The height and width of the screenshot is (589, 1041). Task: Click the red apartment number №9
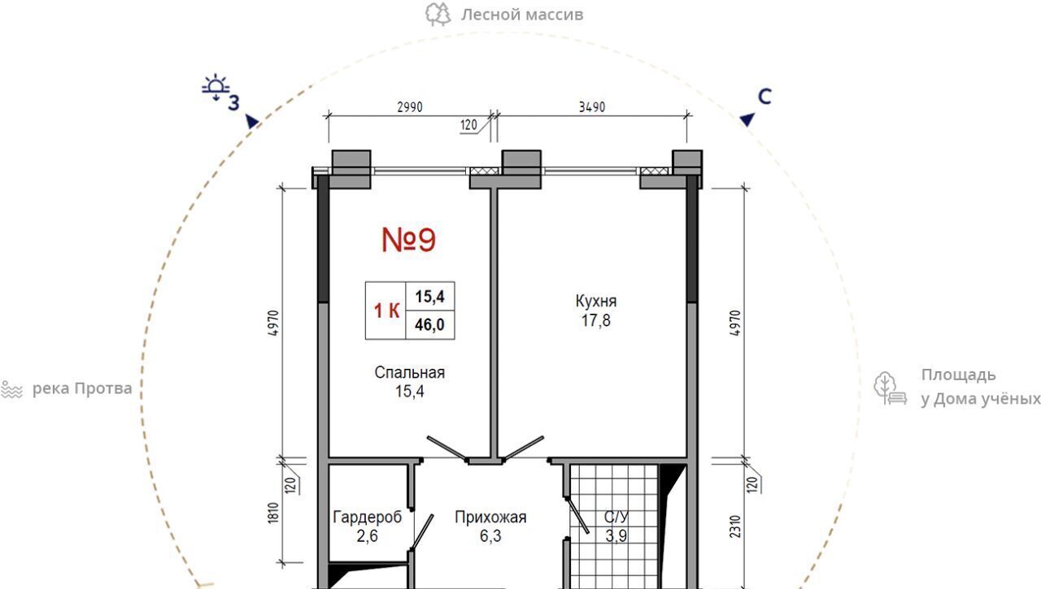[x=408, y=240]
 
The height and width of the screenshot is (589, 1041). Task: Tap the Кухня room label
[x=596, y=301]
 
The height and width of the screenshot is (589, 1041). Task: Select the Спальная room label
[x=409, y=372]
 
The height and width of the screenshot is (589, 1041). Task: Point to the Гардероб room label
[x=367, y=517]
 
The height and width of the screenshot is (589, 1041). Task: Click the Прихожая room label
[x=490, y=517]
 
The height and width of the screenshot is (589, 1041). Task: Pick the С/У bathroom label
[x=616, y=517]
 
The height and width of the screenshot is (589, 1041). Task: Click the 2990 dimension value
[x=410, y=107]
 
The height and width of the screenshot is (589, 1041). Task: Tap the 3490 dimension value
[x=592, y=107]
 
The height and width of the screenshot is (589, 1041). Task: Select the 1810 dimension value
[x=273, y=513]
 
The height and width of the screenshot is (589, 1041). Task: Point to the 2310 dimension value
[x=735, y=526]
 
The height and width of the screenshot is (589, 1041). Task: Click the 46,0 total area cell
[x=430, y=325]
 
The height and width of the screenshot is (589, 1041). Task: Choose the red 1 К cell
[x=386, y=310]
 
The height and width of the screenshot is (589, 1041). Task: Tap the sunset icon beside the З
[x=216, y=87]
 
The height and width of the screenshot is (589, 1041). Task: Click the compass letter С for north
[x=764, y=97]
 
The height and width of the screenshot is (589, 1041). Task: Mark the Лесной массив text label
[x=522, y=15]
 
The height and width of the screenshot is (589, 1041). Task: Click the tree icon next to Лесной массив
[x=438, y=15]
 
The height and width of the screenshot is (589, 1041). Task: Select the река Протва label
[x=82, y=388]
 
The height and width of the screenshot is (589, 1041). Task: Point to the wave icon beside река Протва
[x=11, y=389]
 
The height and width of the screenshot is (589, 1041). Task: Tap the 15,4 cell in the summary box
[x=430, y=296]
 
